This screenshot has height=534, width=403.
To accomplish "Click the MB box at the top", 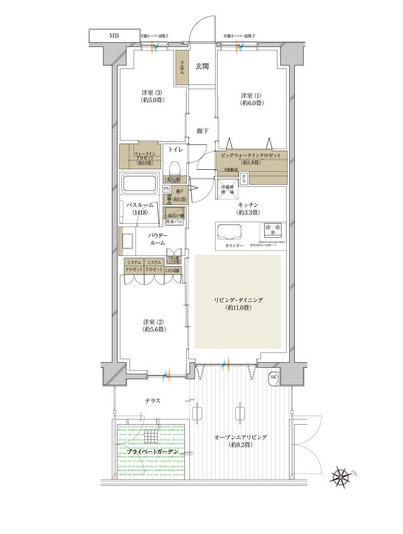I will (114, 36).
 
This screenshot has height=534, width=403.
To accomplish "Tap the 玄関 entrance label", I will (202, 66).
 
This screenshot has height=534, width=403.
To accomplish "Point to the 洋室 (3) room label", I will (151, 96).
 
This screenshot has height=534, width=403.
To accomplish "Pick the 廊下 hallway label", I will (203, 131).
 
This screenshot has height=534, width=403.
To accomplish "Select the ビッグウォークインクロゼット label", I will (250, 156).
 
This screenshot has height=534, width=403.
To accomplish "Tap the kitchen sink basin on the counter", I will (230, 232).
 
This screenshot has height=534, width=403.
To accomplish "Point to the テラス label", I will (153, 400).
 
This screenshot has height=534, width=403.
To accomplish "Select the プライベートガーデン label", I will (152, 452).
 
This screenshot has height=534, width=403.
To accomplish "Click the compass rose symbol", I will (343, 477).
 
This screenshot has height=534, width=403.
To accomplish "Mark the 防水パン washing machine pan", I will (174, 221).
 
